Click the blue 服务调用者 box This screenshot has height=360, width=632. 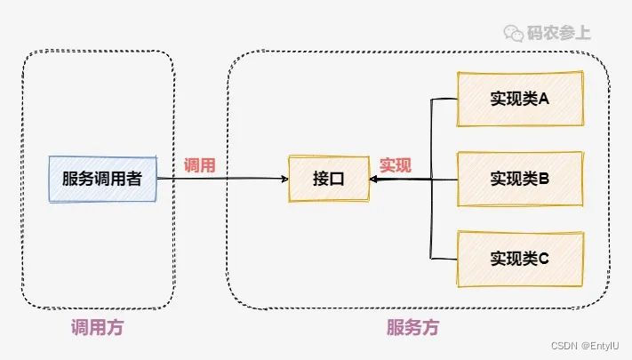tap(102, 178)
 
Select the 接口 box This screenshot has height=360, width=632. tap(328, 178)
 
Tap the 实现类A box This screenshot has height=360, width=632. tap(520, 98)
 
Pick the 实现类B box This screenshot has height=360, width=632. tap(520, 178)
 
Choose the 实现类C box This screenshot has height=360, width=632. tap(520, 259)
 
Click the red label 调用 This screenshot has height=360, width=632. tap(200, 165)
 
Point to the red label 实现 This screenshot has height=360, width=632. tap(396, 165)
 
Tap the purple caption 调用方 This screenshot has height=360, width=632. tap(97, 327)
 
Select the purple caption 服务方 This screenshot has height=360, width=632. tap(412, 327)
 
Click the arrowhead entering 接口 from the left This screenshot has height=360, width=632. tap(284, 179)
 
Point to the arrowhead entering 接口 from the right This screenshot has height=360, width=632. tap(373, 179)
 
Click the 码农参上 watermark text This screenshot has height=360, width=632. tap(560, 33)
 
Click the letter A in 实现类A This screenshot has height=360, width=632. tap(543, 98)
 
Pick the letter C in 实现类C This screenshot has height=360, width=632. tap(543, 259)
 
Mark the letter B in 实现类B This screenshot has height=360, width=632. tap(543, 178)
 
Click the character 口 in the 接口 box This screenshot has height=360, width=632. tap(337, 178)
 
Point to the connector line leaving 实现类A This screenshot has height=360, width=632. tap(444, 99)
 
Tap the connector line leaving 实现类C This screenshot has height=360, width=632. tap(444, 259)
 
